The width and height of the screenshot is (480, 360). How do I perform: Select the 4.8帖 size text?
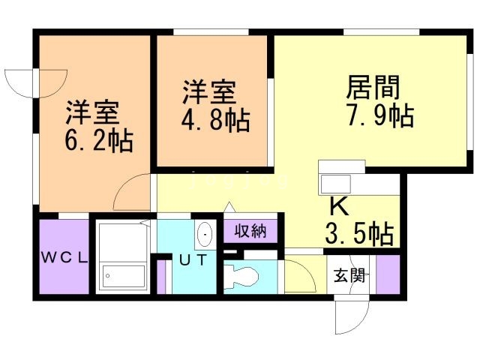tap(216, 120)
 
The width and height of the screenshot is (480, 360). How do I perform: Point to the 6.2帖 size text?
tap(99, 139)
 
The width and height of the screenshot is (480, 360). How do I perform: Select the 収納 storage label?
tap(249, 231)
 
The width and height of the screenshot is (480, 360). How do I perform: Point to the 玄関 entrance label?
tap(349, 276)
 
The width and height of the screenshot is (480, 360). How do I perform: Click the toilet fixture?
tap(241, 275)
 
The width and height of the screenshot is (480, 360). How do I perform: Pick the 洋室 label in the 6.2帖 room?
tap(92, 112)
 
